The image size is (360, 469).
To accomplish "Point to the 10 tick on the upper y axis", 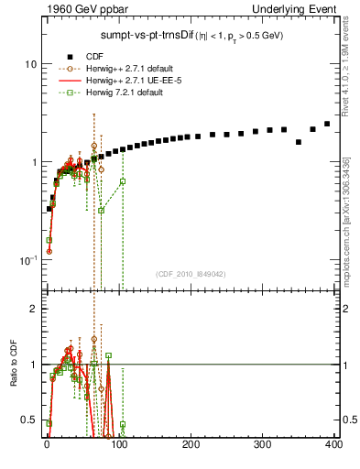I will (29, 65).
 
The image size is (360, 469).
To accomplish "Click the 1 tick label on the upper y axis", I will (32, 162).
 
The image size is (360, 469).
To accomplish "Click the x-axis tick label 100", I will (117, 444).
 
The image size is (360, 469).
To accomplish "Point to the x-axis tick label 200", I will (190, 444).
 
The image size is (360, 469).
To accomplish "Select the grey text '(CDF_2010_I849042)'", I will (191, 274).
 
